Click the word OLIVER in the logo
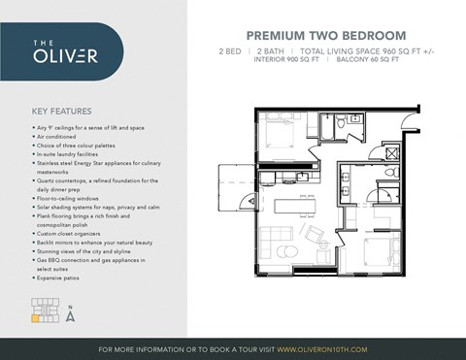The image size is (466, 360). pos(67,55)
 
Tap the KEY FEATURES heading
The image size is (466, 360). pos(63,110)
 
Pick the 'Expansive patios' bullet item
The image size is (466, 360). pos(61,278)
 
